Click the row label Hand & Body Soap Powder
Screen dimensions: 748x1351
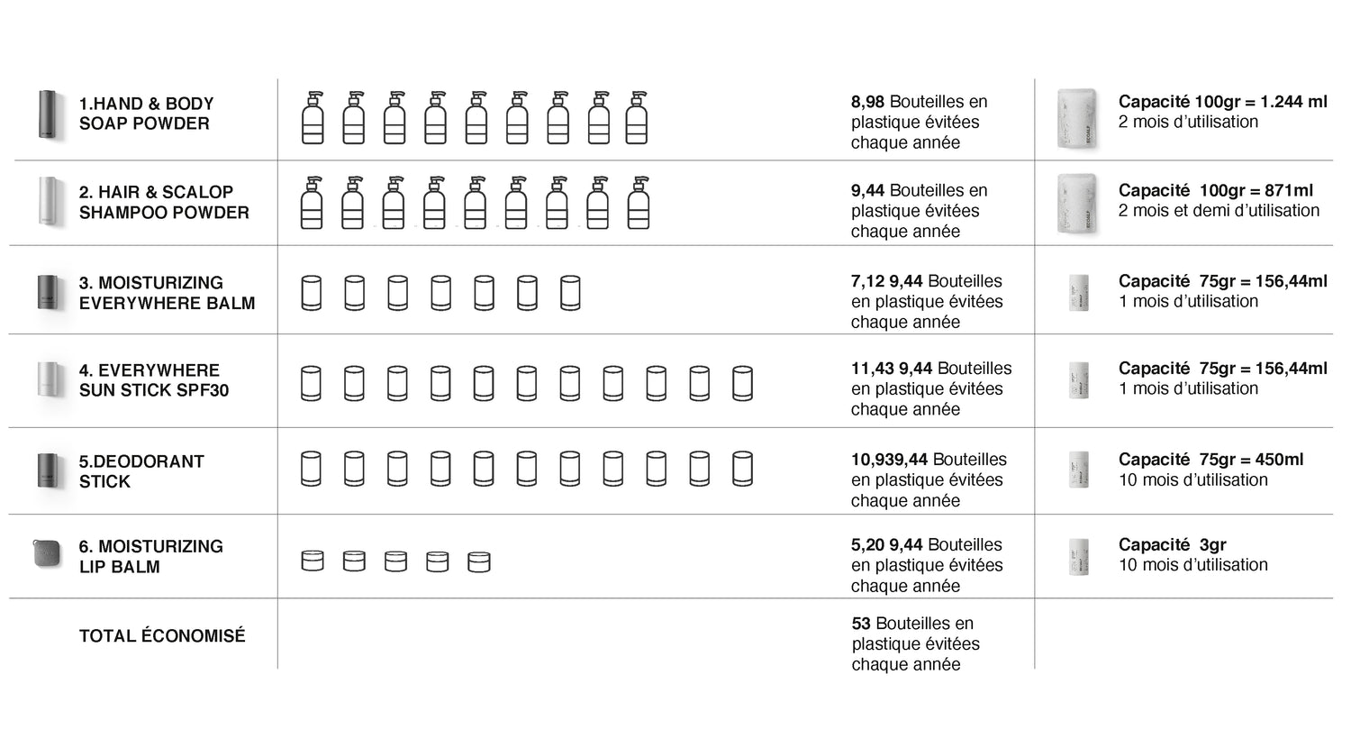click(x=146, y=114)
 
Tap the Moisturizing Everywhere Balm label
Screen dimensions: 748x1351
click(x=167, y=293)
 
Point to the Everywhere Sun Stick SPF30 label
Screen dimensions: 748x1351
click(x=153, y=380)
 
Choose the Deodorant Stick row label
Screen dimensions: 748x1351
click(x=141, y=471)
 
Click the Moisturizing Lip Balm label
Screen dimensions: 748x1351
click(x=150, y=556)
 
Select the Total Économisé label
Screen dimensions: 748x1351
click(x=162, y=636)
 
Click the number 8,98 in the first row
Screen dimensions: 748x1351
click(x=867, y=102)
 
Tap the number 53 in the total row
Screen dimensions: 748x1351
click(x=861, y=624)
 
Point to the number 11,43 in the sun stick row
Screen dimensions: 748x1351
click(x=872, y=369)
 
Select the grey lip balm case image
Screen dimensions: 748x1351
click(x=47, y=553)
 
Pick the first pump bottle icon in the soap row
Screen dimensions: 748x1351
click(x=313, y=117)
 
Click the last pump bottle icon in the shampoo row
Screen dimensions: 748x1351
click(x=639, y=203)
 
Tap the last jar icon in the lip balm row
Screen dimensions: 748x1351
click(x=479, y=561)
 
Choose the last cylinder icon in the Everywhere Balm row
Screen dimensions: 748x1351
click(x=570, y=293)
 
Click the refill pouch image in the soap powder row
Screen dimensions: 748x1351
click(x=1077, y=118)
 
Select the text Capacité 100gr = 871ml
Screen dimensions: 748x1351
click(x=1215, y=190)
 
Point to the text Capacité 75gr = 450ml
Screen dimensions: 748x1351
click(x=1210, y=460)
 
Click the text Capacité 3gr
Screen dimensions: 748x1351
click(x=1172, y=544)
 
